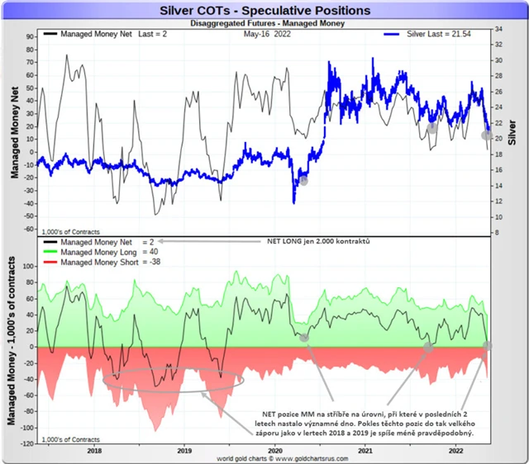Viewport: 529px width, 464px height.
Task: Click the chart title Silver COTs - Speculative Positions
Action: (x=264, y=11)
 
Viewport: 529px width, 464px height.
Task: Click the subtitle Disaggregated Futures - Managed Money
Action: (x=264, y=24)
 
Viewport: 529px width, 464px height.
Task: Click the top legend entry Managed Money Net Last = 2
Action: (x=107, y=36)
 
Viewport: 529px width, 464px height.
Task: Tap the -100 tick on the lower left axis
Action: (x=23, y=428)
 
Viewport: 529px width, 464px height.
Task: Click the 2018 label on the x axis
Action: (x=93, y=451)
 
